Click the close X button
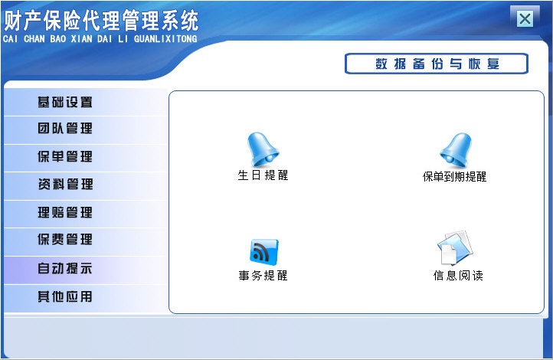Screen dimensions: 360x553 [x=525, y=18]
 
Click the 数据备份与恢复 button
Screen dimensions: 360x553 [x=437, y=64]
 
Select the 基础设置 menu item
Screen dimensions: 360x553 [x=65, y=102]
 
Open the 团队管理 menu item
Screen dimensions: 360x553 [x=65, y=129]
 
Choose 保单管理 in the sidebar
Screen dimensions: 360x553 [x=65, y=157]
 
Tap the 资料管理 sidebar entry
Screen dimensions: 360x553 [x=65, y=185]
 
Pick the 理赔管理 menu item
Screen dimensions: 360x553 [x=65, y=213]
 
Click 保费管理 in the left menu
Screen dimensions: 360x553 [x=65, y=240]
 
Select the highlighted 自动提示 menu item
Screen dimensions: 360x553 [x=65, y=269]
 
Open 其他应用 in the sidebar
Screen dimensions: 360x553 [x=65, y=296]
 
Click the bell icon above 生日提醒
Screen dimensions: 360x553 [x=263, y=149]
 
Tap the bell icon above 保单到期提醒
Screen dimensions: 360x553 [x=455, y=150]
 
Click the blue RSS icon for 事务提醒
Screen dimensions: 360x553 [x=263, y=251]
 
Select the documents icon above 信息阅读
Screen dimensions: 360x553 [x=456, y=248]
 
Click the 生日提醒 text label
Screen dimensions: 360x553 [x=263, y=175]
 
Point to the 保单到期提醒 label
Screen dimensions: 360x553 [x=454, y=177]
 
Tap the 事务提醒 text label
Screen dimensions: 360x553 [x=263, y=276]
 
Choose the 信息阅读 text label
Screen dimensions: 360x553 [x=457, y=276]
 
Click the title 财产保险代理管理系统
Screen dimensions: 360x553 [x=101, y=18]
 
